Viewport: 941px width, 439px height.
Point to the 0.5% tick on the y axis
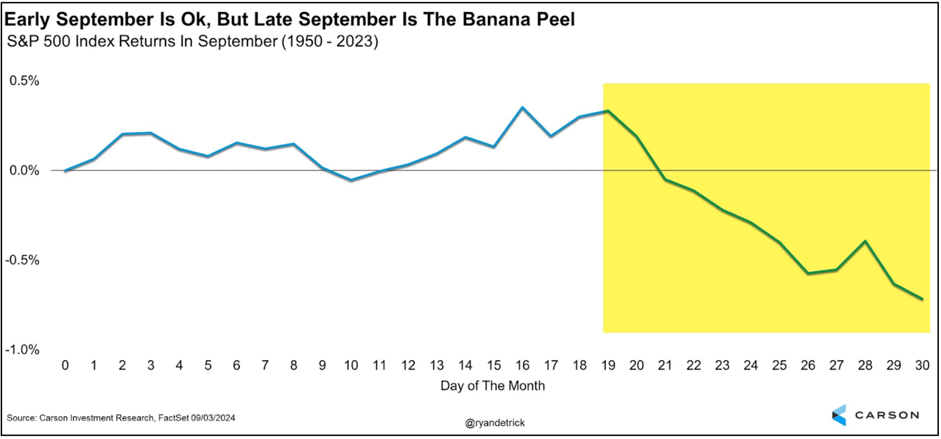click(24, 81)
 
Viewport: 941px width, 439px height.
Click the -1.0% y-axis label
click(22, 350)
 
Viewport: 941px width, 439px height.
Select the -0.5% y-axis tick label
click(22, 260)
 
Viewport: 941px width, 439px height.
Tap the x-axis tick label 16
click(523, 365)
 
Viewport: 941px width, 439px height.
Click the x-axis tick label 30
click(922, 365)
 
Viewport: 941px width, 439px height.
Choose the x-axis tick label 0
click(65, 365)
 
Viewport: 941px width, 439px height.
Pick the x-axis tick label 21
click(665, 365)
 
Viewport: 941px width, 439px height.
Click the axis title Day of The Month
click(492, 386)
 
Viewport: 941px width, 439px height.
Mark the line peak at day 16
click(523, 107)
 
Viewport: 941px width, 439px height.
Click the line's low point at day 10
click(351, 180)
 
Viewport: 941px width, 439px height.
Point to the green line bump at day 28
click(865, 241)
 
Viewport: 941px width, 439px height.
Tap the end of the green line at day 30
click(922, 299)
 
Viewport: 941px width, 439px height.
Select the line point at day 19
click(608, 111)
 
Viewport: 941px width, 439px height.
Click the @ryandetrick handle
click(495, 423)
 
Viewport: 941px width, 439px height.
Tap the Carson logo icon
click(839, 415)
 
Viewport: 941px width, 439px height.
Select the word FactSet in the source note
click(173, 418)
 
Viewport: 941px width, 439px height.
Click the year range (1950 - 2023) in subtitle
click(330, 41)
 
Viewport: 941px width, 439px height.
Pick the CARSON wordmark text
click(887, 415)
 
